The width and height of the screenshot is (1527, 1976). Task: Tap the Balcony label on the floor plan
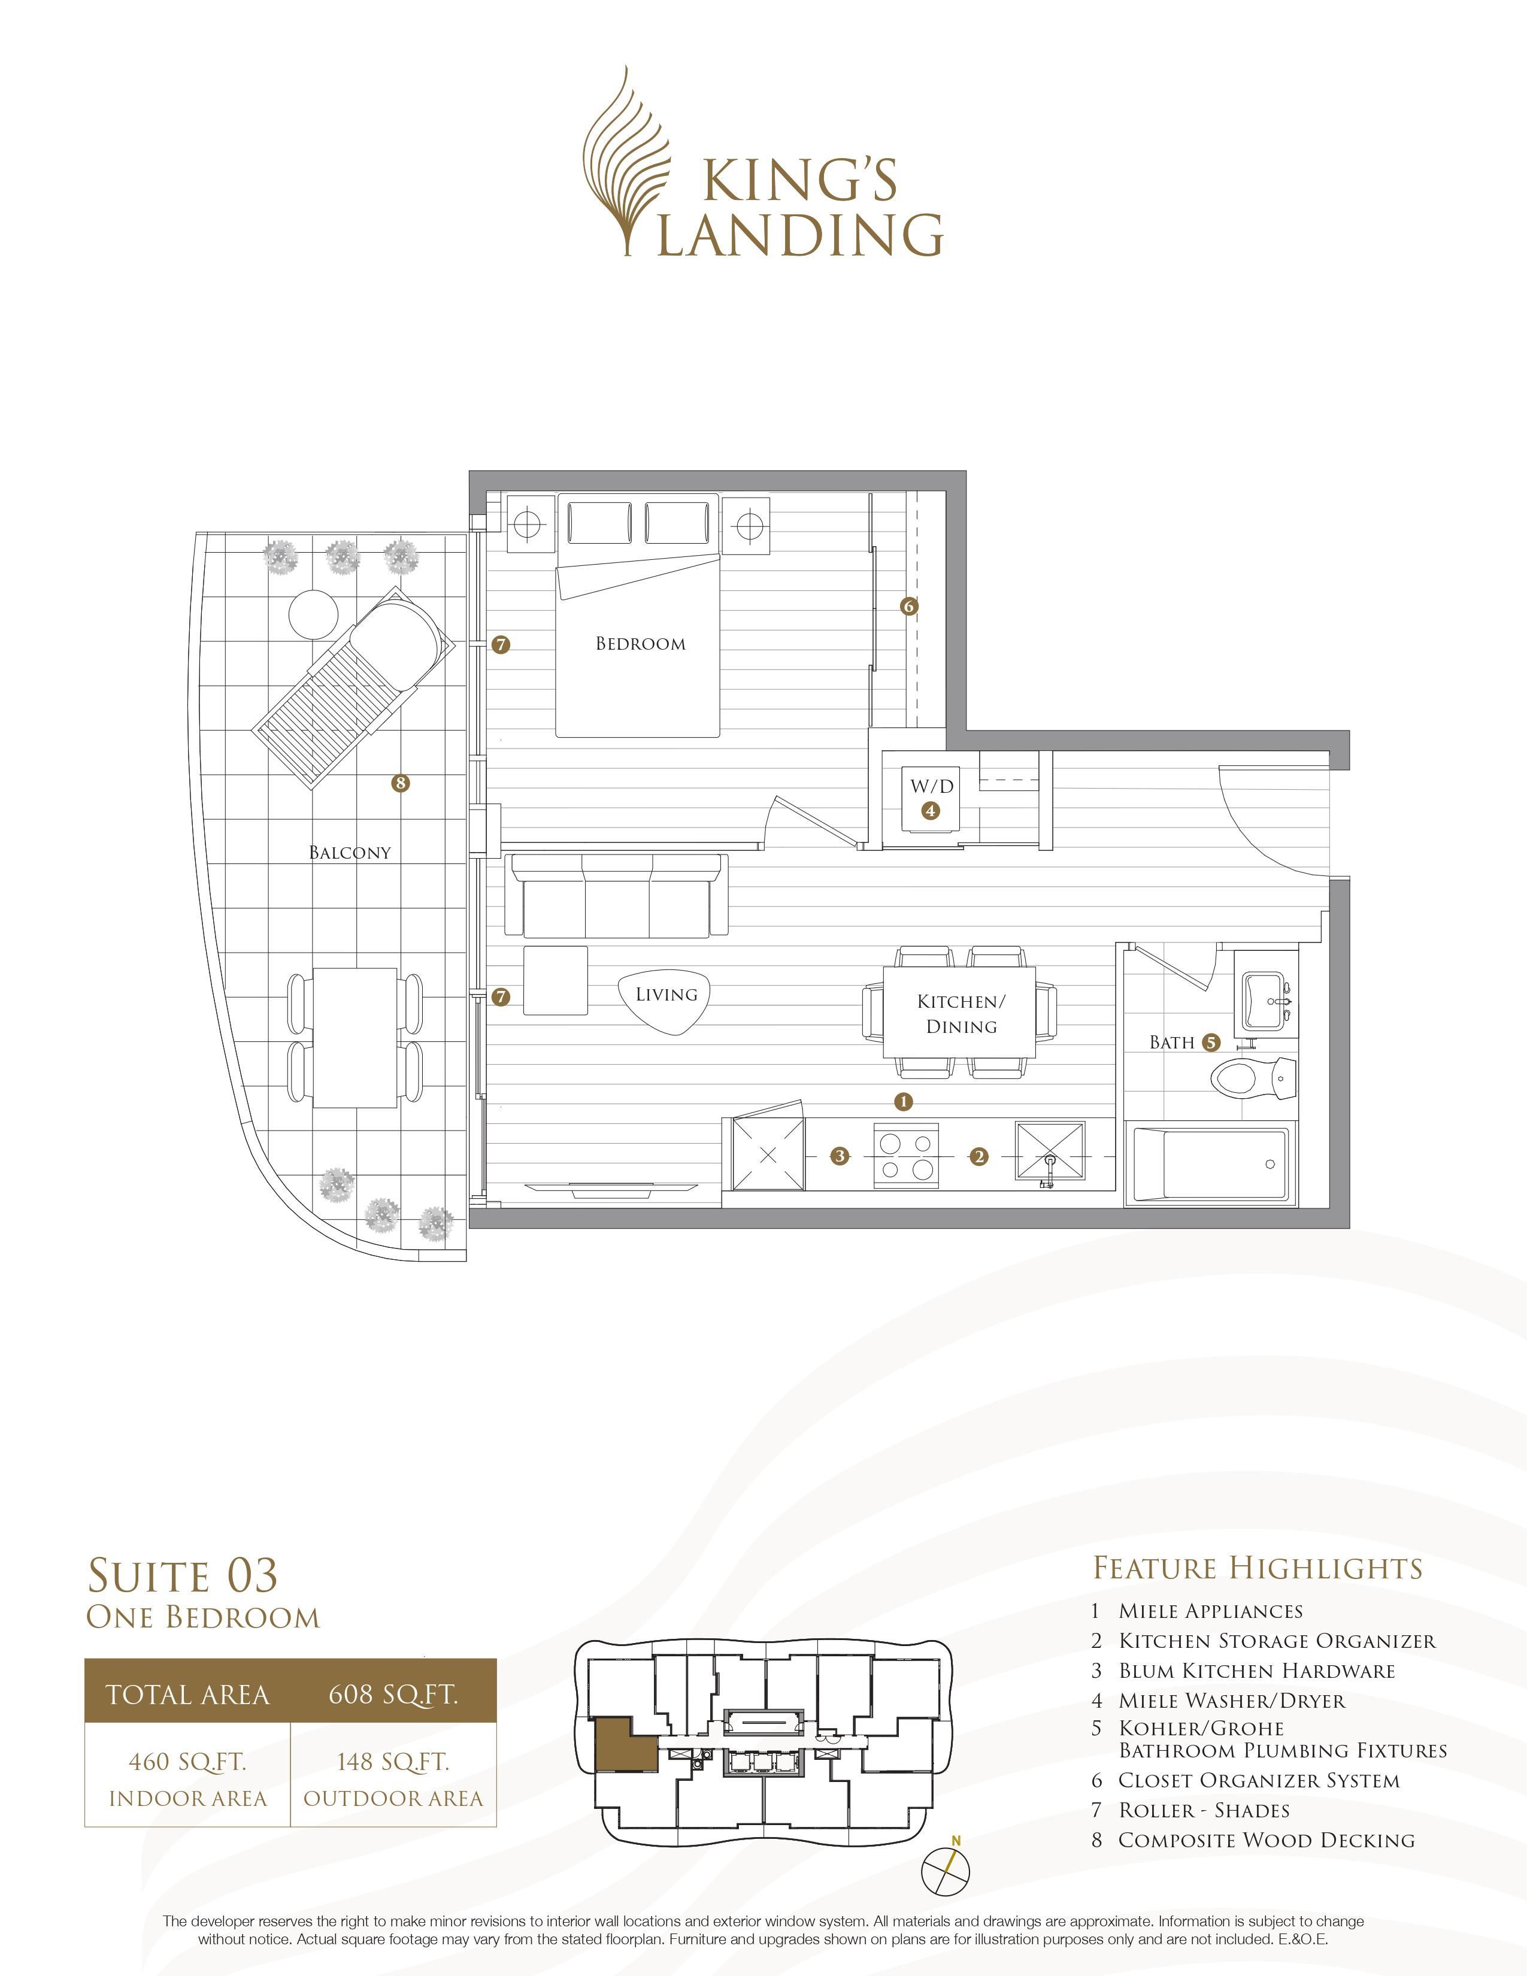tap(350, 852)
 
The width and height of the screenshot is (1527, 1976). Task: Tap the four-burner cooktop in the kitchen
tap(907, 1156)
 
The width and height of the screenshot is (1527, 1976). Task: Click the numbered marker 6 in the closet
tap(909, 606)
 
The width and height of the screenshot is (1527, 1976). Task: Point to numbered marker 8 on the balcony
tap(400, 783)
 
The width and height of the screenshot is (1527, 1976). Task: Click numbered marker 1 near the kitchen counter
tap(902, 1101)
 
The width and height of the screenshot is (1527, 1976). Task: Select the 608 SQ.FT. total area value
tap(393, 1694)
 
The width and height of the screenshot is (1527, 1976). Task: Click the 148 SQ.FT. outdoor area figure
tap(393, 1760)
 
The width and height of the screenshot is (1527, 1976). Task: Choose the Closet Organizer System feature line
tap(1258, 1781)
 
